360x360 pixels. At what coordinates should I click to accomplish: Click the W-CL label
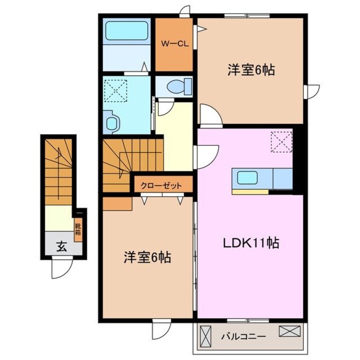[x=174, y=43]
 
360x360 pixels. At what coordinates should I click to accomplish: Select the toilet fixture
[x=175, y=87]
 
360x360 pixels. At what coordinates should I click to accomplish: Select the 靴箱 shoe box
[x=78, y=230]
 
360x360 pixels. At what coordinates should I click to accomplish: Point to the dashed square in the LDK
[x=281, y=141]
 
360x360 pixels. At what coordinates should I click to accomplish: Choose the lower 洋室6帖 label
[x=148, y=257]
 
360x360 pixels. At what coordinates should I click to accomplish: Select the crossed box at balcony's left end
[x=206, y=336]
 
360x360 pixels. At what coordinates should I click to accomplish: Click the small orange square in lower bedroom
[x=117, y=203]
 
